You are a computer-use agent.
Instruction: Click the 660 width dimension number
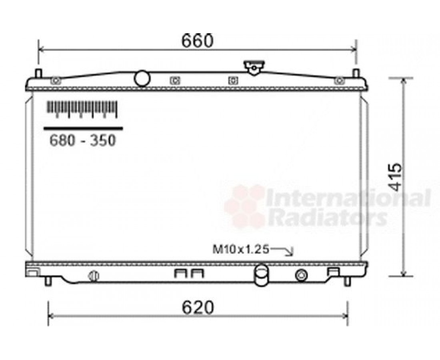(197, 41)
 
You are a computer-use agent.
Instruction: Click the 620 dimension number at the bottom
(198, 308)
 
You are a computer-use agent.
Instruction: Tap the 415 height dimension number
(396, 177)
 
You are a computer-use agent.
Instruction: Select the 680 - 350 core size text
(82, 140)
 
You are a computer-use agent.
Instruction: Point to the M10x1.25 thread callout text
(241, 249)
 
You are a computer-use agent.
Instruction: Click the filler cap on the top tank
(254, 67)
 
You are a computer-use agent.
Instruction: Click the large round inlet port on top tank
(142, 78)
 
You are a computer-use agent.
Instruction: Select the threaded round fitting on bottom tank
(301, 275)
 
